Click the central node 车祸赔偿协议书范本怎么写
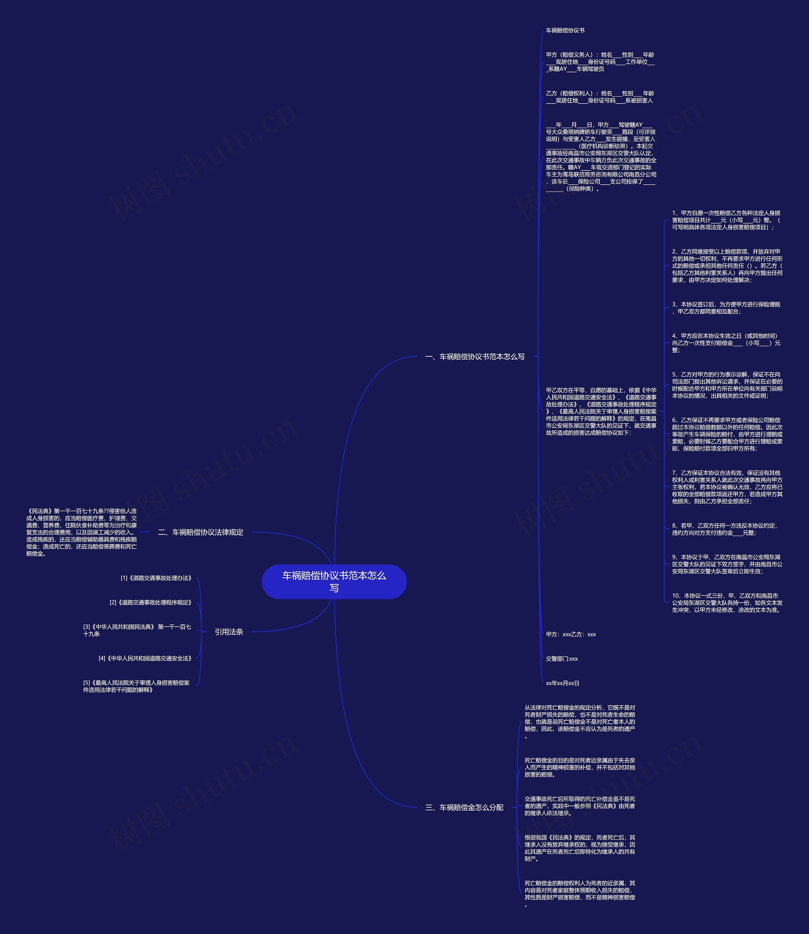[x=334, y=581]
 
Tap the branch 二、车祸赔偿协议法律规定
[x=200, y=532]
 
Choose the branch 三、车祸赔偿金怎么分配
[x=464, y=807]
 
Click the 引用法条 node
[x=229, y=632]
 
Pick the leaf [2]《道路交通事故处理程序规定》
[x=151, y=603]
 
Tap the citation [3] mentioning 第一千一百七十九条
[x=137, y=630]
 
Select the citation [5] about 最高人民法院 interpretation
[x=136, y=687]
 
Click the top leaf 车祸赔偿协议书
[x=565, y=31]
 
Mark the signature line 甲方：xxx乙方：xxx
[x=571, y=634]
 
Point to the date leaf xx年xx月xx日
[x=563, y=683]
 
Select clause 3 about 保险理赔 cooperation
[x=726, y=308]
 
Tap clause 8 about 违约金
[x=724, y=529]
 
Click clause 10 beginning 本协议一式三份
[x=727, y=603]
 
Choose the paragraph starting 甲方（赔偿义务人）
[x=600, y=62]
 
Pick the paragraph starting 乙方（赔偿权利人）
[x=599, y=97]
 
